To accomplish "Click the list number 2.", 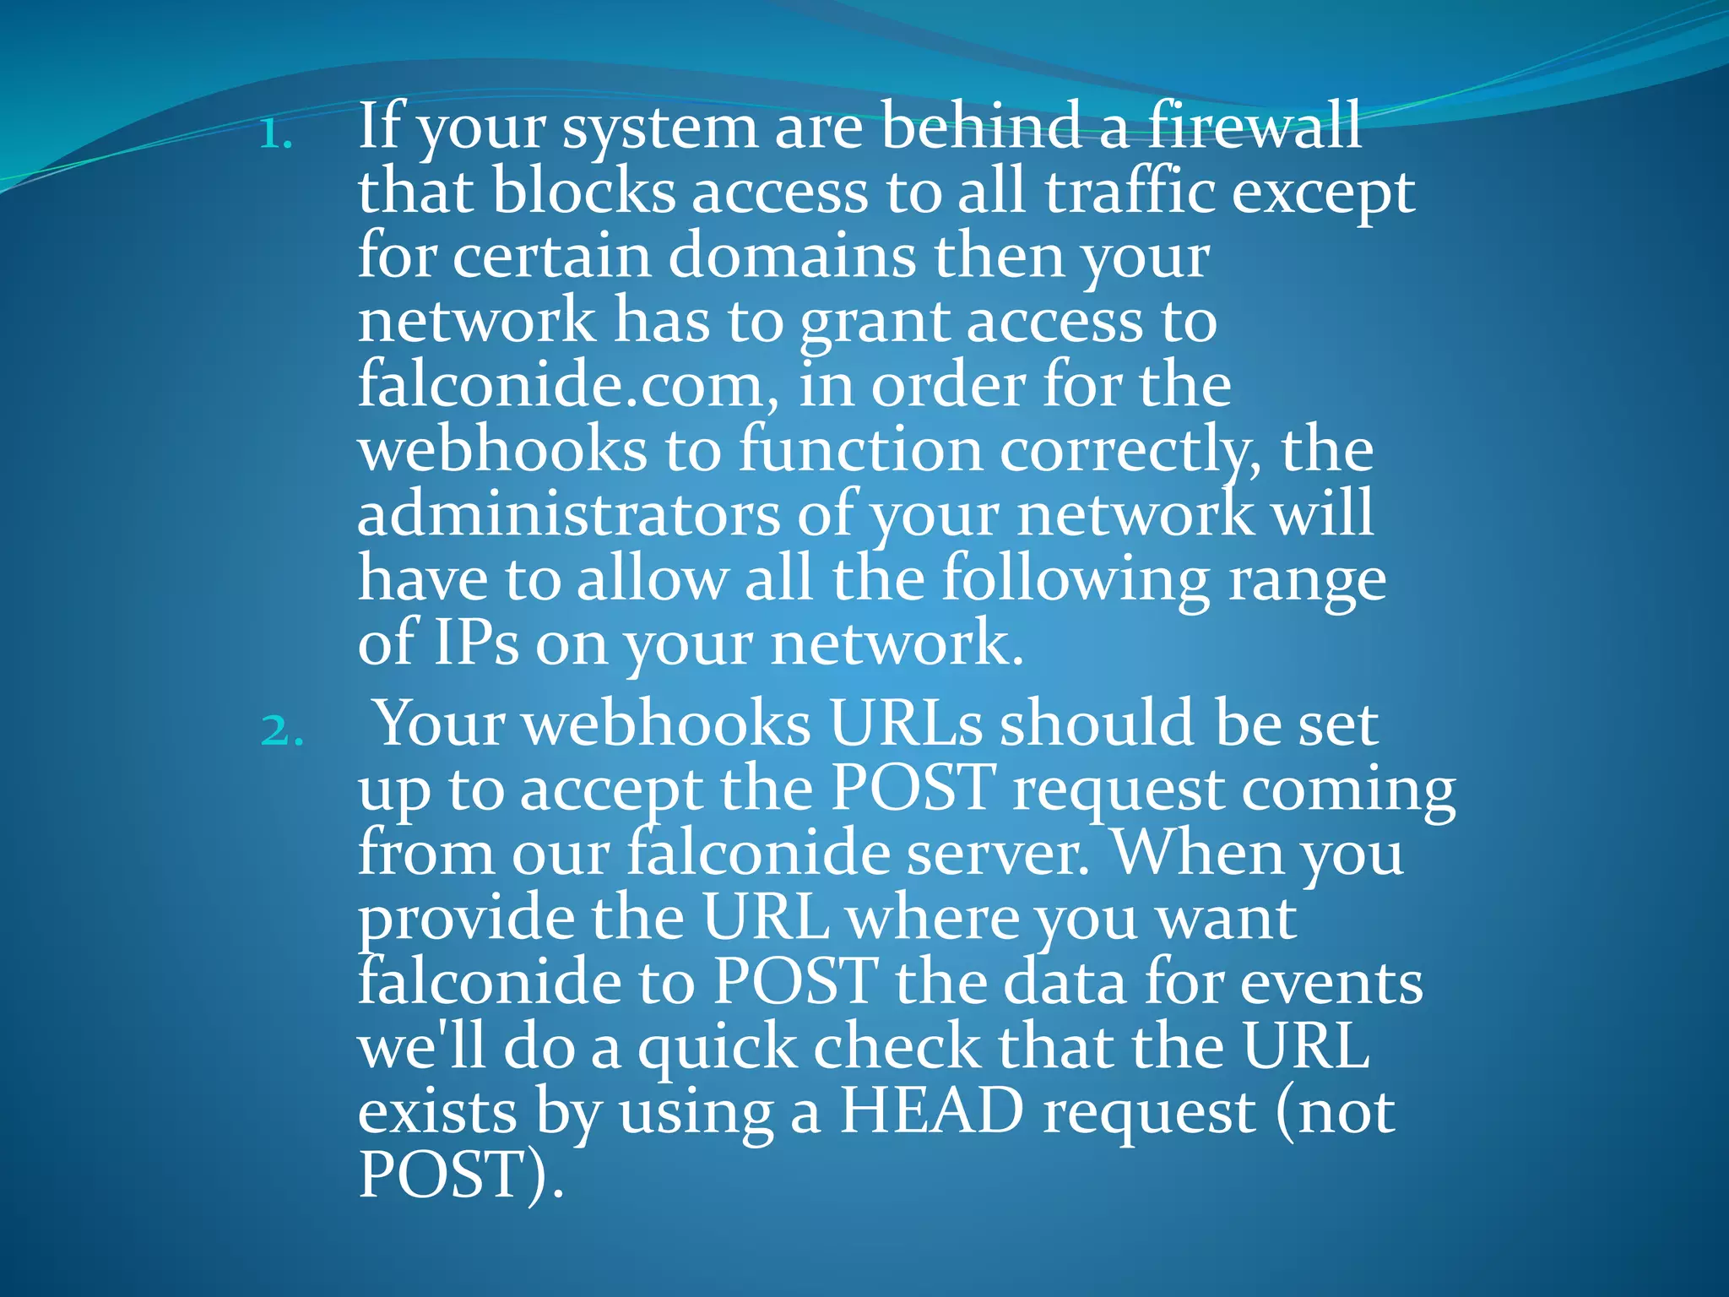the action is point(281,731).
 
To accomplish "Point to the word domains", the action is point(792,256).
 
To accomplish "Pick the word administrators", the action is point(569,514).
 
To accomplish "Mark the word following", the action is point(1076,581).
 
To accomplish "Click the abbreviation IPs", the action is point(475,643).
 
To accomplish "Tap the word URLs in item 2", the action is point(906,724).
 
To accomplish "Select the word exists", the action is point(437,1111).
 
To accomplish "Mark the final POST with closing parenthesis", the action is point(460,1175).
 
